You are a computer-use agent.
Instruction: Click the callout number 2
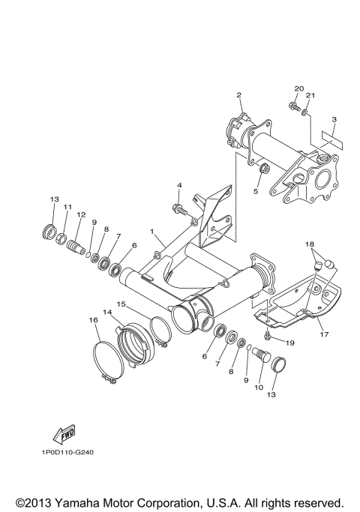(x=238, y=95)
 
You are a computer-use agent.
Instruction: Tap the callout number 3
(x=333, y=120)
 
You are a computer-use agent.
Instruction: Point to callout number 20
(x=298, y=89)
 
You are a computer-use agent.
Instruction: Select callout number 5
(x=256, y=191)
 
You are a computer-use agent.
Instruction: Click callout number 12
(x=80, y=215)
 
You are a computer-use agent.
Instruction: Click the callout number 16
(x=94, y=320)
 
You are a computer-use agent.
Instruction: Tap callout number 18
(x=308, y=245)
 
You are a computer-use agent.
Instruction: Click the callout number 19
(x=289, y=343)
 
